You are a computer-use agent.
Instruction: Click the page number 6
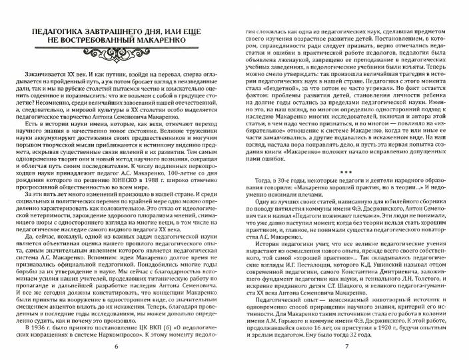click(x=117, y=347)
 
